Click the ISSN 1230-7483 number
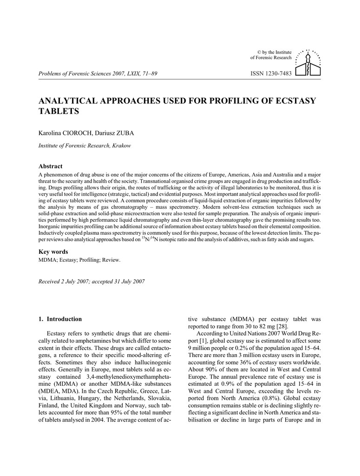coord(271,74)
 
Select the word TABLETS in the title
coord(59,112)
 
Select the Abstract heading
coord(50,166)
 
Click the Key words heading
coord(53,251)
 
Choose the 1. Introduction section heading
coord(60,319)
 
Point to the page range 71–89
coord(148,74)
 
